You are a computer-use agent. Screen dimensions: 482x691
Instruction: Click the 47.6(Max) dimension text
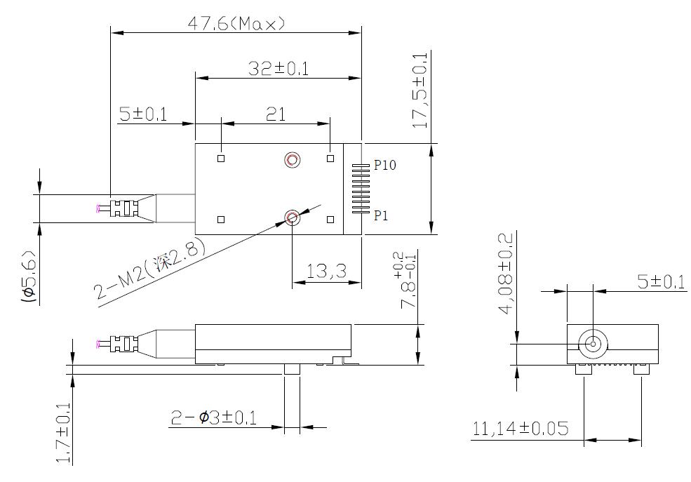coord(236,24)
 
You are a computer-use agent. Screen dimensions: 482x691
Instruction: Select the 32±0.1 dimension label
coord(279,69)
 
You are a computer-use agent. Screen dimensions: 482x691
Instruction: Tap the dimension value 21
coord(276,115)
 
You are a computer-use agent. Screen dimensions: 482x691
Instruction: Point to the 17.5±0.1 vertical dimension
coord(420,89)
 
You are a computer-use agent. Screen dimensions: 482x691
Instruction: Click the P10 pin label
coord(385,166)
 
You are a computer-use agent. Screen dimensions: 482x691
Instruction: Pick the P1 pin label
coord(381,216)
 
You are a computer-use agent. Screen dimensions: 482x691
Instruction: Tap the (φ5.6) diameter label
coord(29,275)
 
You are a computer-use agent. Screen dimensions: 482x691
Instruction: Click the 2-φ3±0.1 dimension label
coord(214,418)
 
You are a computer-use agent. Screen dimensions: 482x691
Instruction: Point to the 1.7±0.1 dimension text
coord(64,433)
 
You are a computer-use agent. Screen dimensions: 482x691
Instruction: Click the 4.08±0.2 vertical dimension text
coord(506,270)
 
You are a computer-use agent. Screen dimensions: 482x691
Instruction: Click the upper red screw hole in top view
coord(292,161)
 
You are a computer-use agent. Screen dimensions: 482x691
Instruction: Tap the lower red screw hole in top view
coord(292,217)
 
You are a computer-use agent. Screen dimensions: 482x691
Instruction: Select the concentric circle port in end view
coord(592,344)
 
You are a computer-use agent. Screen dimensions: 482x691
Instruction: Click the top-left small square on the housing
coord(221,159)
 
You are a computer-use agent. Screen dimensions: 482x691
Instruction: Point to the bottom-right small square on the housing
coord(330,220)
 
